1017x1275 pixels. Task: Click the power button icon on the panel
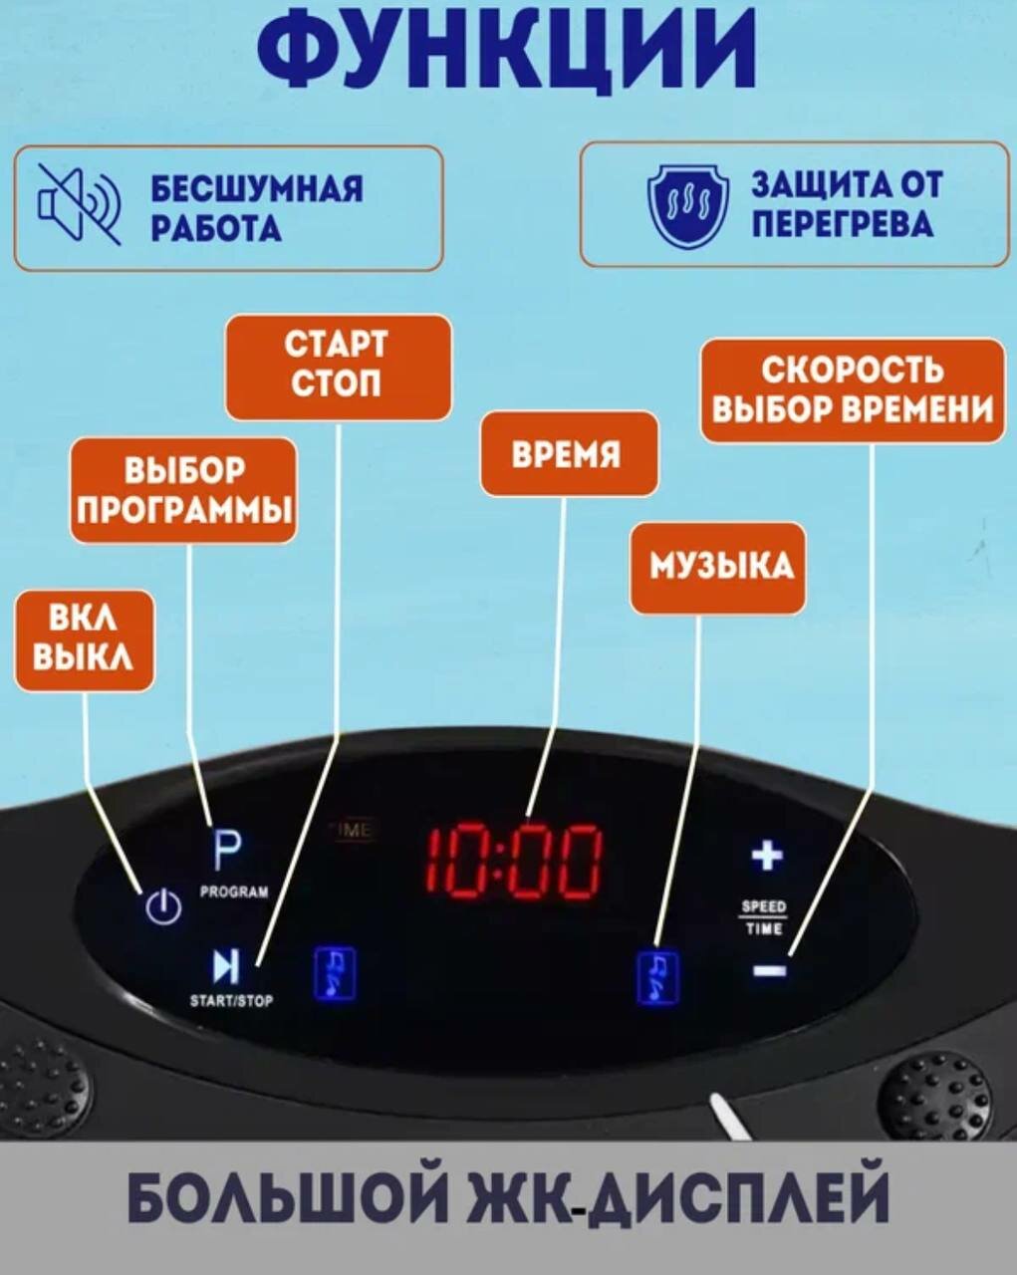tap(162, 906)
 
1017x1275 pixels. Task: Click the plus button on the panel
tap(766, 856)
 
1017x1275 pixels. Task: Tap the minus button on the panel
tap(769, 969)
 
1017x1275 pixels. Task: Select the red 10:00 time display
tap(514, 862)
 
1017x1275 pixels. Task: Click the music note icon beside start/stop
tap(336, 973)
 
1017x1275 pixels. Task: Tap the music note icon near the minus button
tap(657, 977)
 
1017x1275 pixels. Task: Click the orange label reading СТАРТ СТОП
tap(338, 366)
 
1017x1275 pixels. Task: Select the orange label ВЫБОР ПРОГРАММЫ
tap(184, 490)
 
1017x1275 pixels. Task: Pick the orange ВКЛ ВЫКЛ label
tap(84, 640)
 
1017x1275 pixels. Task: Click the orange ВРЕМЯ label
tap(568, 454)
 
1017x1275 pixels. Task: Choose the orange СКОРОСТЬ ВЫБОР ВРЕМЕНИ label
tap(853, 389)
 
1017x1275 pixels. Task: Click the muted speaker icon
tap(80, 204)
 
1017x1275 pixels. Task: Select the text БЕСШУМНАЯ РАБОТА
tap(257, 208)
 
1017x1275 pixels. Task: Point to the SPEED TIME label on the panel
tap(764, 917)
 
